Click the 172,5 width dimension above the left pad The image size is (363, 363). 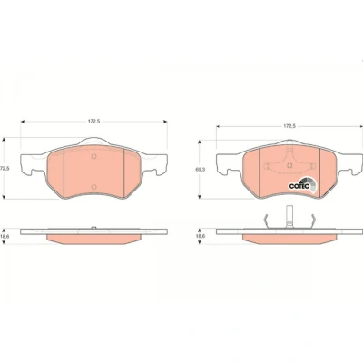(93, 121)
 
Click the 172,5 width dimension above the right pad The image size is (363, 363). (289, 126)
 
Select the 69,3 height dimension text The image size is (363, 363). (201, 170)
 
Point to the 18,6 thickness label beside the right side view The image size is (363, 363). (201, 236)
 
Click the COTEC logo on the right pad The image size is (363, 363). (302, 184)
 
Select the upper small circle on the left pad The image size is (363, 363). (93, 156)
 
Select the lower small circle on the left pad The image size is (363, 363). (93, 186)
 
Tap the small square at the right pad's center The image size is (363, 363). (289, 165)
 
